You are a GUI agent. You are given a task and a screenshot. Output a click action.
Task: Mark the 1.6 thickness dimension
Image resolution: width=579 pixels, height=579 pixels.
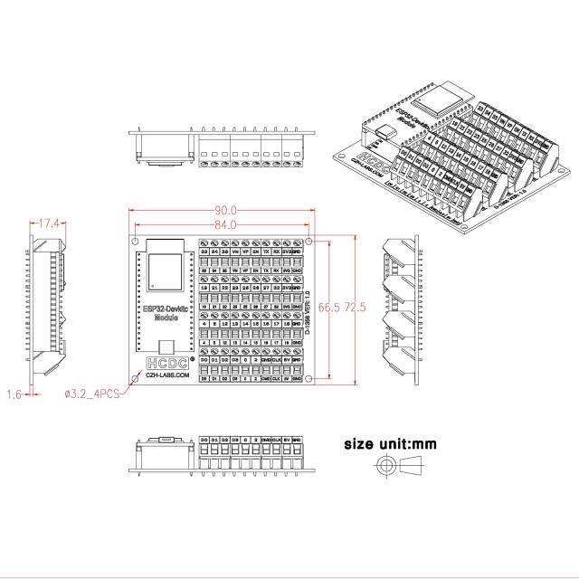pyautogui.click(x=14, y=394)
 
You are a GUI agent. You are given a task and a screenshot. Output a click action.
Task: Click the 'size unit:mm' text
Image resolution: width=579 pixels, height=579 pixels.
pyautogui.click(x=390, y=444)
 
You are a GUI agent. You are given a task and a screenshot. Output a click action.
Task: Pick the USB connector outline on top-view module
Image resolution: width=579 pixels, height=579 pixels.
pyautogui.click(x=166, y=345)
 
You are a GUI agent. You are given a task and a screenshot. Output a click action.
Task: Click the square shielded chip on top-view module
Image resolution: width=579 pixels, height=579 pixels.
pyautogui.click(x=166, y=272)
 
